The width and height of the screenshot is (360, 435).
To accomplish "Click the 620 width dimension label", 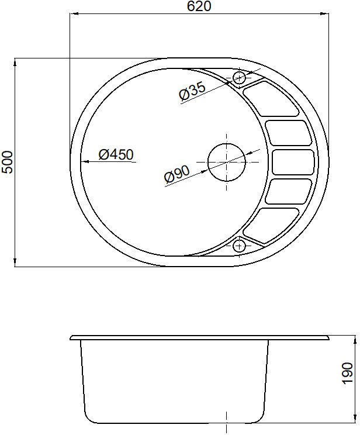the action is click(199, 6).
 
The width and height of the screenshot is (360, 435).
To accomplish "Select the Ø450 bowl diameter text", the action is click(116, 154).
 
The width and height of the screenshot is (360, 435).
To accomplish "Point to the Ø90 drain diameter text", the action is click(176, 174).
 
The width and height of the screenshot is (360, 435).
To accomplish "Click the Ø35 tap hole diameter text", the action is click(192, 91).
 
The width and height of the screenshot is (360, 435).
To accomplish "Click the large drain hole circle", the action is click(227, 162).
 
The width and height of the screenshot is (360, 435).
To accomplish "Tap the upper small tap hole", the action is click(239, 77).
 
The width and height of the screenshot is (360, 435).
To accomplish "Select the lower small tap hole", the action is click(239, 246).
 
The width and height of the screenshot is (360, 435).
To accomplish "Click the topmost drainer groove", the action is click(271, 99).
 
